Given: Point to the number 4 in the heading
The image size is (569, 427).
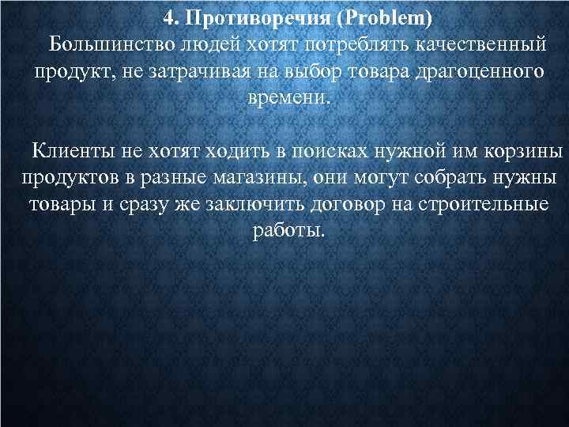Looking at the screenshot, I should pos(168,18).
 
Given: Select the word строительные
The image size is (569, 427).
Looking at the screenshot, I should pos(488,205).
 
